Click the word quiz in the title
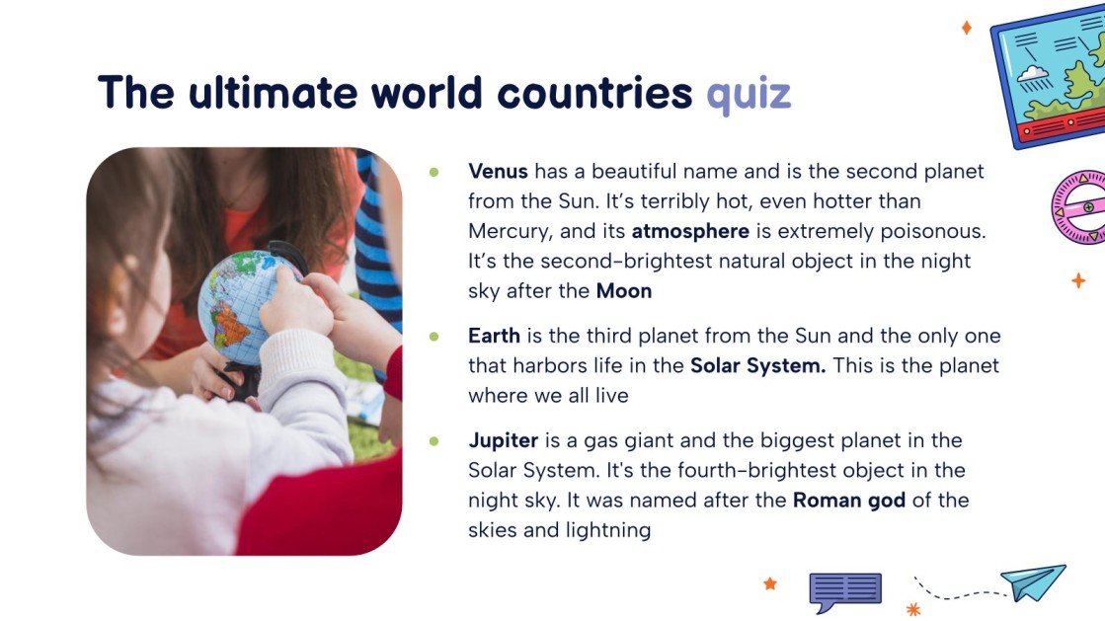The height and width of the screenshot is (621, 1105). point(749,94)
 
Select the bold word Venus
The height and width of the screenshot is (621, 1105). point(499,171)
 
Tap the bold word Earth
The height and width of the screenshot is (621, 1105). point(494,336)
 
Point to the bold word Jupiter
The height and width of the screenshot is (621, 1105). point(504,439)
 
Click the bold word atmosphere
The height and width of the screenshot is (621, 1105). point(691,232)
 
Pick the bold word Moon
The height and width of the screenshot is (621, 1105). point(624,291)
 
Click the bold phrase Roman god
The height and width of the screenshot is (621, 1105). point(849,500)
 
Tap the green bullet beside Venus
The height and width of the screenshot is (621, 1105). point(434,172)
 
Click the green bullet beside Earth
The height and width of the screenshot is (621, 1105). point(434,337)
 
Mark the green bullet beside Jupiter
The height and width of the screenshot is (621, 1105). point(434,440)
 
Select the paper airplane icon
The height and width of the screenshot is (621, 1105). point(1034,582)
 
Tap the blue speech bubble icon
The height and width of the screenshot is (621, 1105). point(844,591)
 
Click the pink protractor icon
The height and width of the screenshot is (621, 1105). point(1080,207)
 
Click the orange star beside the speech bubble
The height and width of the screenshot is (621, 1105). point(770,583)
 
